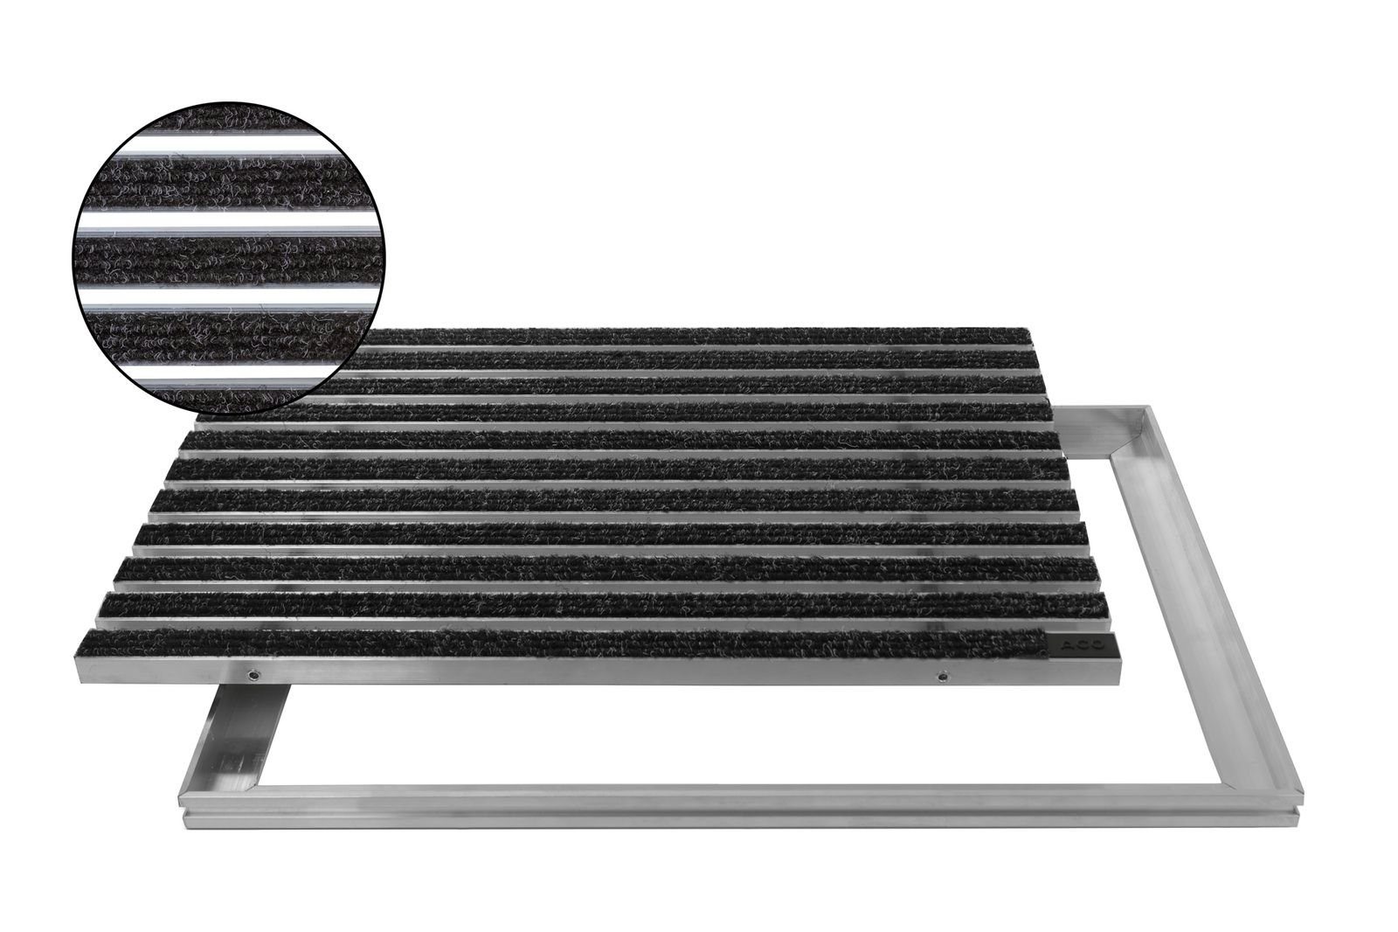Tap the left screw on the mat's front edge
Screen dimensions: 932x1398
(251, 674)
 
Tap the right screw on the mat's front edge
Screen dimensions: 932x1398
(943, 676)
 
